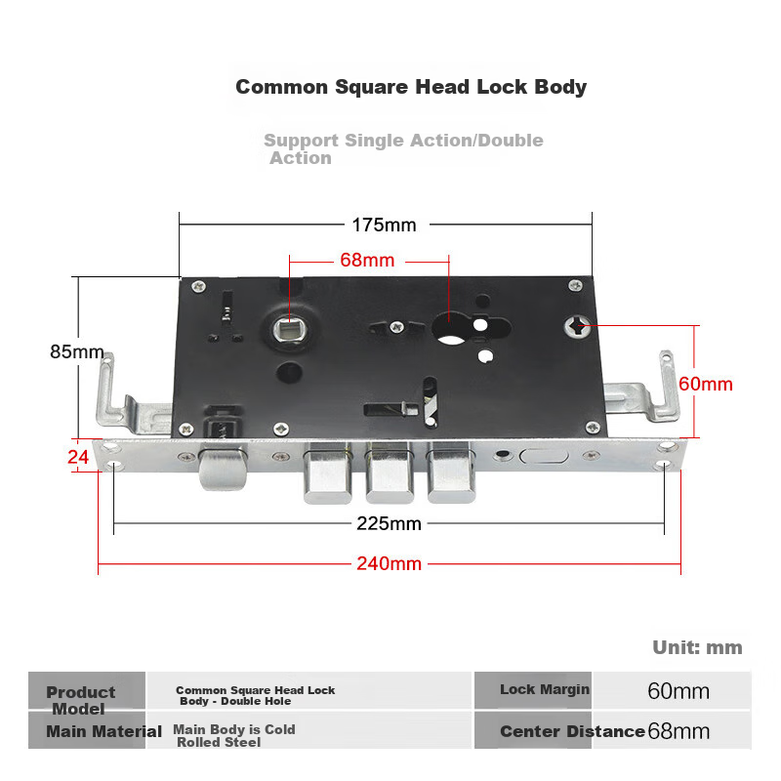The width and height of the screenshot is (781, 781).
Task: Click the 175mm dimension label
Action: (x=384, y=226)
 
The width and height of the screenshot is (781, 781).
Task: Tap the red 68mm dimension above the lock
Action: (x=367, y=260)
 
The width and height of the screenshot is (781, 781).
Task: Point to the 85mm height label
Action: (x=77, y=351)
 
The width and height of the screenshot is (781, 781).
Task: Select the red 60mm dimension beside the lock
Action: (x=705, y=384)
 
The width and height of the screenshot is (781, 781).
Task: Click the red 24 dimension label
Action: (x=78, y=457)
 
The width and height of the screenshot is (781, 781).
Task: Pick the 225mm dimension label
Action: (x=389, y=523)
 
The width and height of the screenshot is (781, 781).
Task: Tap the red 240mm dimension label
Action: (x=389, y=564)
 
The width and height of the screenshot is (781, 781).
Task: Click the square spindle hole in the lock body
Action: (x=290, y=329)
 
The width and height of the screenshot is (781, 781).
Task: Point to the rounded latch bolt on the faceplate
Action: (x=223, y=468)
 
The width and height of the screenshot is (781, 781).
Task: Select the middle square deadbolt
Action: (x=390, y=473)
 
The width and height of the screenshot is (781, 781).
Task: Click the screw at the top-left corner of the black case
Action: (x=199, y=286)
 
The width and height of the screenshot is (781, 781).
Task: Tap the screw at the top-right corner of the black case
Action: (x=575, y=285)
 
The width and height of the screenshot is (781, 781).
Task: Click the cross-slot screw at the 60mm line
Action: (x=577, y=326)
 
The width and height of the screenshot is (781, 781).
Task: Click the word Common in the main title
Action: (x=281, y=87)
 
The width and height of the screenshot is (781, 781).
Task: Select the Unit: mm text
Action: (x=697, y=647)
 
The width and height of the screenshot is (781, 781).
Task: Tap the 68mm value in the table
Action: (x=678, y=731)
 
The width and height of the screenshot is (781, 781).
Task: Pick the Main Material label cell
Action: (x=87, y=730)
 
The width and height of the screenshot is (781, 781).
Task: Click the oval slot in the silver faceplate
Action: (x=544, y=456)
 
